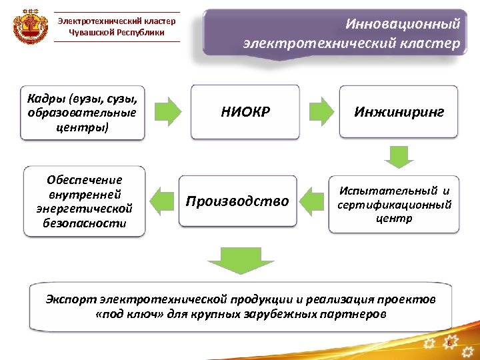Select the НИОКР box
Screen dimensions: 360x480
(x=245, y=112)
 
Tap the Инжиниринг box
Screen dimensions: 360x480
(x=399, y=112)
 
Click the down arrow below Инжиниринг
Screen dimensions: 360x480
(x=398, y=156)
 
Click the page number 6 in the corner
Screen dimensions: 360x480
(x=449, y=343)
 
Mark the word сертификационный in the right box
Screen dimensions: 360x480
(x=394, y=205)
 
